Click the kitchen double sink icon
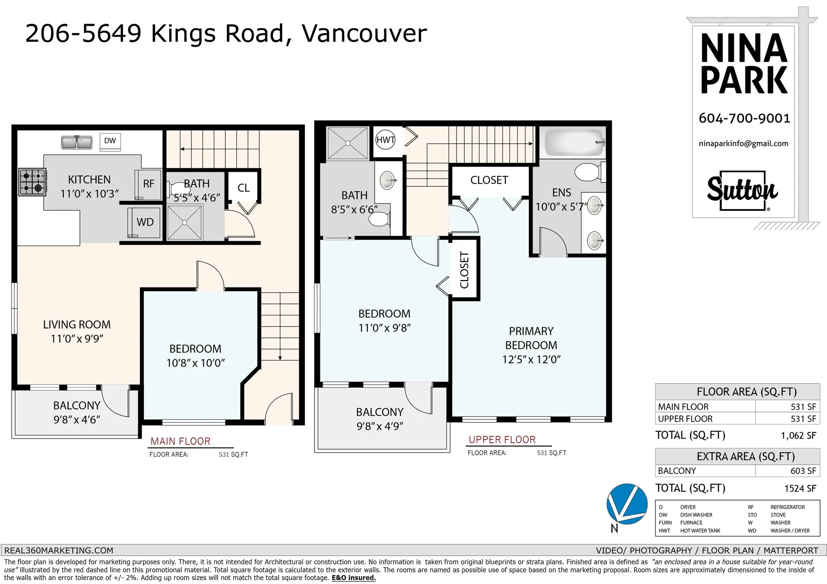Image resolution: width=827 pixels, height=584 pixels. pyautogui.click(x=77, y=142)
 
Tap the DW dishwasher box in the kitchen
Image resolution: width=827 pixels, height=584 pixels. pyautogui.click(x=110, y=141)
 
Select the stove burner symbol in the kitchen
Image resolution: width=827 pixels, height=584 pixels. pyautogui.click(x=33, y=182)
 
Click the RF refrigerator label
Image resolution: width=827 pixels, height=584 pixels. pyautogui.click(x=149, y=184)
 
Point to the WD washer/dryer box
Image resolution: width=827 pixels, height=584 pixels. pyautogui.click(x=145, y=222)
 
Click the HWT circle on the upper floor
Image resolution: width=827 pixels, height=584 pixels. pyautogui.click(x=385, y=140)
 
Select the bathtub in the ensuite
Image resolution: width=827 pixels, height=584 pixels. pyautogui.click(x=575, y=142)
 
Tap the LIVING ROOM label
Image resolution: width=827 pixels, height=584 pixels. pyautogui.click(x=77, y=324)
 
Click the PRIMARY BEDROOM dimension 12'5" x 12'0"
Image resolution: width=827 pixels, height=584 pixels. pyautogui.click(x=531, y=359)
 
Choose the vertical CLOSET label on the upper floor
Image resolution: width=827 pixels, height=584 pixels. pyautogui.click(x=464, y=270)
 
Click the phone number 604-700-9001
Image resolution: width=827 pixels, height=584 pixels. pyautogui.click(x=744, y=118)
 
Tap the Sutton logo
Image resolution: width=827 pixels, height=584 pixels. pyautogui.click(x=742, y=190)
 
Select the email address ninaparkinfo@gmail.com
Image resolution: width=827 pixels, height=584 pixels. pyautogui.click(x=743, y=144)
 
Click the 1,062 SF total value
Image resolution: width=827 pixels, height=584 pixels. pyautogui.click(x=798, y=436)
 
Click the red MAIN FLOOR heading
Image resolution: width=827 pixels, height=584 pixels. pyautogui.click(x=180, y=442)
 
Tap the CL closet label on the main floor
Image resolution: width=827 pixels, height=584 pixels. pyautogui.click(x=243, y=188)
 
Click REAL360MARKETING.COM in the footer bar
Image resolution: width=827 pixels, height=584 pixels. pyautogui.click(x=59, y=550)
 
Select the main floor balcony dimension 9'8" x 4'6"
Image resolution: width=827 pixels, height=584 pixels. pyautogui.click(x=77, y=420)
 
